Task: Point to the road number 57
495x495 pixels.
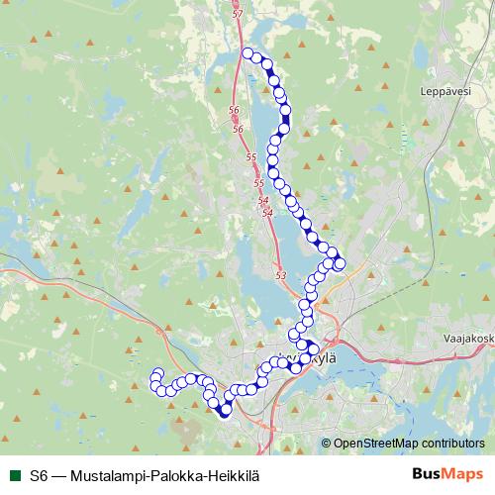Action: coord(236,14)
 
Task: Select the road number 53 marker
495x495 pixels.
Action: coord(280,275)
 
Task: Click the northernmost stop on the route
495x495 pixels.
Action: coord(247,53)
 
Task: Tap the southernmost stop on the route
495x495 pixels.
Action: coord(225,413)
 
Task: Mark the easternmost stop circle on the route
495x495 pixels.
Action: coord(340,263)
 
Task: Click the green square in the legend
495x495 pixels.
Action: coord(15,474)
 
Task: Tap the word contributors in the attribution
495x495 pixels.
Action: coord(454,444)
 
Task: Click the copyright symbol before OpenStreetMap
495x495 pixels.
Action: coord(326,444)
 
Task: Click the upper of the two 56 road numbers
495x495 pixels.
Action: coord(234,110)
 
